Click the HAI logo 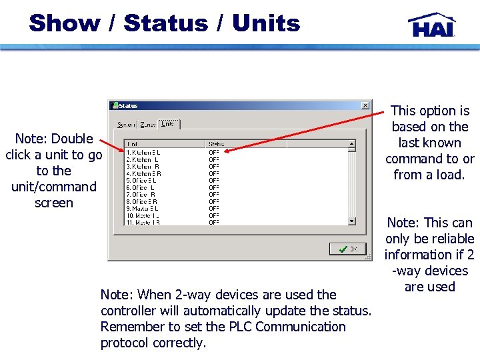(x=431, y=25)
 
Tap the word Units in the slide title (x=266, y=23)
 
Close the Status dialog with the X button (x=365, y=105)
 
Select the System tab (x=126, y=125)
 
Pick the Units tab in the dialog (x=169, y=124)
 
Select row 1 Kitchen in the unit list (x=143, y=152)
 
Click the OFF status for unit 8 (x=214, y=201)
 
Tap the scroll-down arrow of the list (x=352, y=221)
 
